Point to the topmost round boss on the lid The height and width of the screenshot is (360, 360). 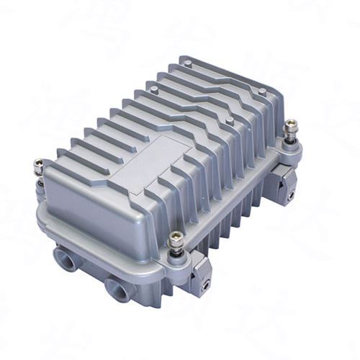[188, 64]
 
